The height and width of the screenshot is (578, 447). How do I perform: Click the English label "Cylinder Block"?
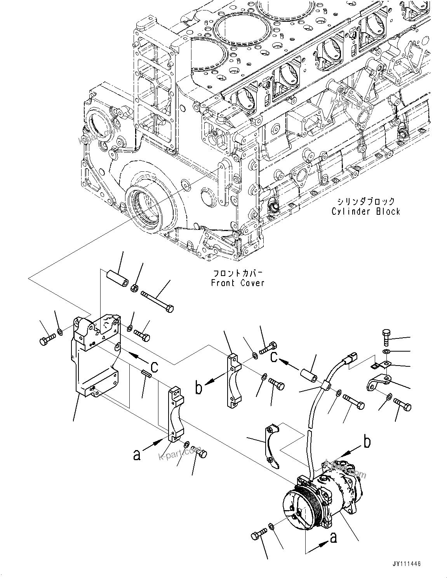365,211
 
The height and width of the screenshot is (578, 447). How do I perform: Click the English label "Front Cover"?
237,283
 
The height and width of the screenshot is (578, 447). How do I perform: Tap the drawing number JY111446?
406,564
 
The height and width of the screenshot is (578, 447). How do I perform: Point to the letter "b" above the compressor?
367,442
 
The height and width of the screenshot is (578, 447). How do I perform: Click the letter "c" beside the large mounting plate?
154,366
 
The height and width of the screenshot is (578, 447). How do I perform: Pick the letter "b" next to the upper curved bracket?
198,388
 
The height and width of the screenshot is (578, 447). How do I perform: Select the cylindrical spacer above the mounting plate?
116,279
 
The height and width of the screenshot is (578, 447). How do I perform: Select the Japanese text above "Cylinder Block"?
365,201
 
